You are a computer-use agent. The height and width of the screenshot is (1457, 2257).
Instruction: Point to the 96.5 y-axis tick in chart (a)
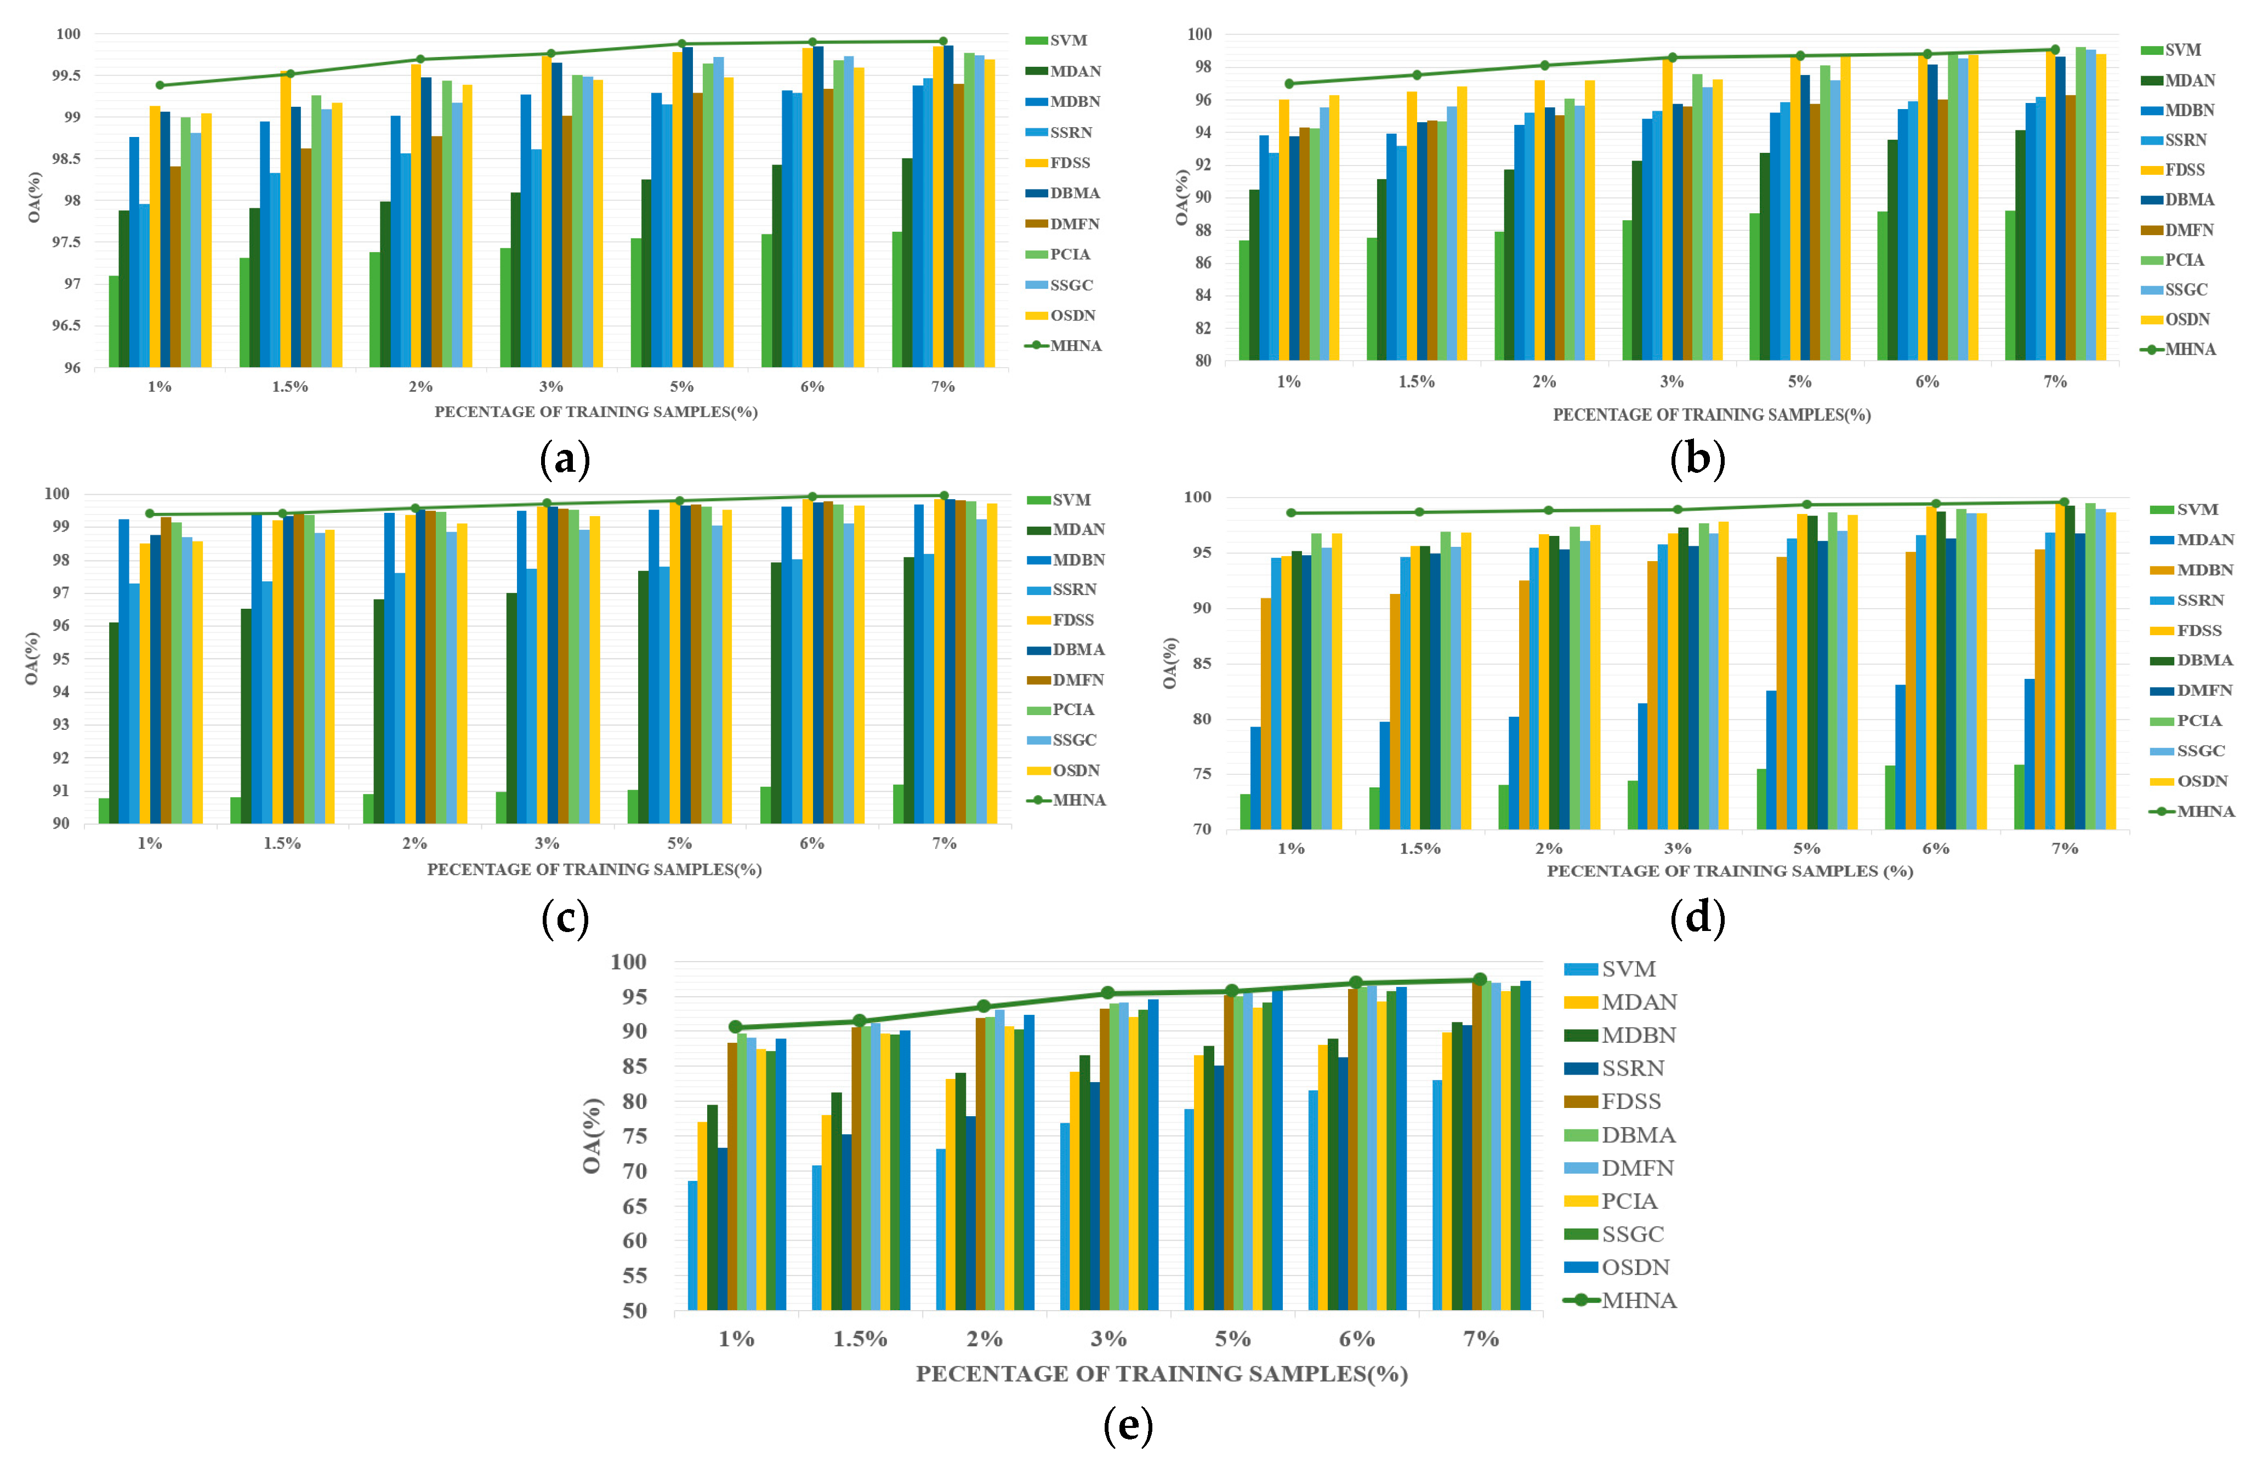(x=65, y=325)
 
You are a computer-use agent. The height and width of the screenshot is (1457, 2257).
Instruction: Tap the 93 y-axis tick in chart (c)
(x=60, y=725)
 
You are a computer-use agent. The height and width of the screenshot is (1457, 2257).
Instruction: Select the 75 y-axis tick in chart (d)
(x=1201, y=774)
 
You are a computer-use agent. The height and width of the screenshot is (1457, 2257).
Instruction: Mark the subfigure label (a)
(x=565, y=460)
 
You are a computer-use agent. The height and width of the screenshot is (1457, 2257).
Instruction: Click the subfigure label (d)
(x=1698, y=918)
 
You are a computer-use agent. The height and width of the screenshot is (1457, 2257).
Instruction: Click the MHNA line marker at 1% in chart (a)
(x=160, y=85)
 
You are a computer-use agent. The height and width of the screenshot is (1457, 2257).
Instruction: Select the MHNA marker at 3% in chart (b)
(x=1672, y=58)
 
